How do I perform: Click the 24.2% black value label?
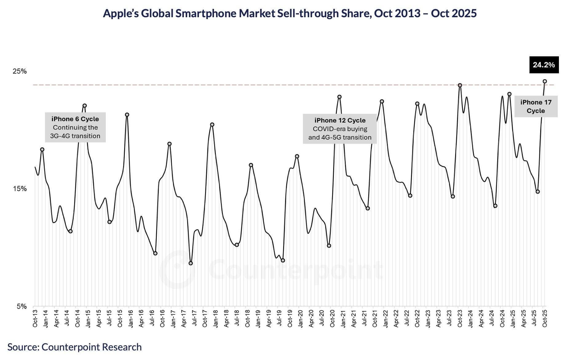544,65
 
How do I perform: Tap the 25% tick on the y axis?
20,71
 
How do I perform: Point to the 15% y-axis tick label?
20,189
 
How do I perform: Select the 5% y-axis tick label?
21,306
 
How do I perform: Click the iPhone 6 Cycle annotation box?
75,127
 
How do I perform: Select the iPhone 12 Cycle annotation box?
340,129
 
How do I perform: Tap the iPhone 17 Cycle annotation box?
536,106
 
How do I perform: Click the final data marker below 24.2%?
544,82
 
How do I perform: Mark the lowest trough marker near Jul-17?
191,263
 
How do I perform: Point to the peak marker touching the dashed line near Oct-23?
460,85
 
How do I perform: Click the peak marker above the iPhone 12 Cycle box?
339,97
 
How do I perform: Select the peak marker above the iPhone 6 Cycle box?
85,106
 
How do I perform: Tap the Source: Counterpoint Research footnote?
74,347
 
